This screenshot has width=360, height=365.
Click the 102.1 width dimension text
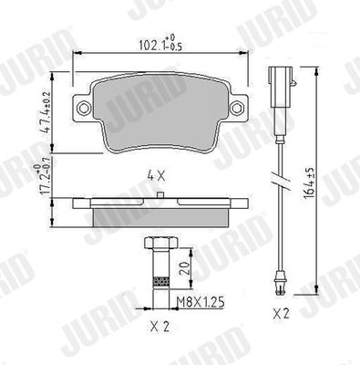point(160,43)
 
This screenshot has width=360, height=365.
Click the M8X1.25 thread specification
point(201,302)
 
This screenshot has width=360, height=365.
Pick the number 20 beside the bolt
point(184,268)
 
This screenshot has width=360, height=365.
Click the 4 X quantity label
point(156,176)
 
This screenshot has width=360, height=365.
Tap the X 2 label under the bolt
point(159,327)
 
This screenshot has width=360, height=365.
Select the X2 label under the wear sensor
point(281,314)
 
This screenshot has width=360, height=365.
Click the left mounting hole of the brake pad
point(83,108)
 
